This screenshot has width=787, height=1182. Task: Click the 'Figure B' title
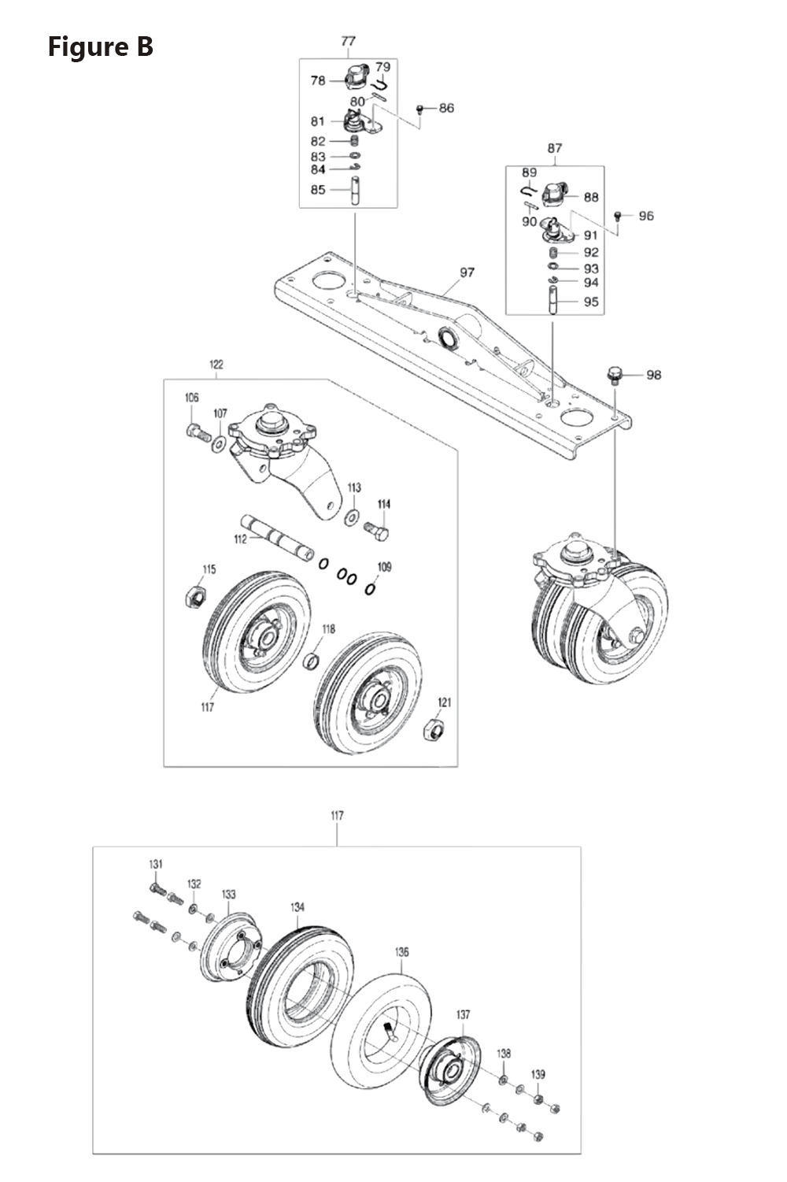[100, 46]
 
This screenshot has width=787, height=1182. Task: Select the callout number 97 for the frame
[467, 272]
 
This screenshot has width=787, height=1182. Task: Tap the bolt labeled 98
[615, 375]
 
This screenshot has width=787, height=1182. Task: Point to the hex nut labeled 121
[434, 728]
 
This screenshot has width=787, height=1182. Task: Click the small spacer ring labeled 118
[312, 658]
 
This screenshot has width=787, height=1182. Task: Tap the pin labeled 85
[356, 191]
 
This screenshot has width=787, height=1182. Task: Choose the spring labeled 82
[355, 141]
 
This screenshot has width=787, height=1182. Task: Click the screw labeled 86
[420, 108]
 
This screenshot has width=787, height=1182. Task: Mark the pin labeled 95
[554, 302]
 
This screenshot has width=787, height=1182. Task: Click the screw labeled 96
[618, 215]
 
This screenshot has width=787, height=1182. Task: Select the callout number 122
[216, 364]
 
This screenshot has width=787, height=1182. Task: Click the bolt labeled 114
[378, 532]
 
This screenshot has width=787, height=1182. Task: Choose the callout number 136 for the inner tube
[401, 952]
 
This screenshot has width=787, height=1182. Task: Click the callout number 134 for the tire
[297, 907]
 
